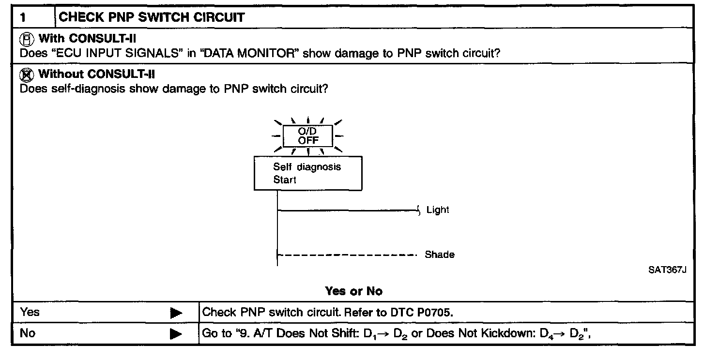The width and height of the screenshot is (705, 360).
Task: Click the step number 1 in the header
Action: pos(23,18)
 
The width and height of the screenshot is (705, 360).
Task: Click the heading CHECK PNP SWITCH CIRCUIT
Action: pos(151,18)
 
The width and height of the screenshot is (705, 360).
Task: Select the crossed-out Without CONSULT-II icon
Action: pos(29,75)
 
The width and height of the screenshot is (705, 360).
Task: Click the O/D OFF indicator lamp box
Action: pos(307,136)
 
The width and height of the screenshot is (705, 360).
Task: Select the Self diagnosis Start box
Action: pos(308,173)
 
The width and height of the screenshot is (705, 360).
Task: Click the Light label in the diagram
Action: pos(438,210)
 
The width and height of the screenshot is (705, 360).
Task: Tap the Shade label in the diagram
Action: pos(440,255)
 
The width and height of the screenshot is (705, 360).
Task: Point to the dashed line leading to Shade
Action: pos(347,255)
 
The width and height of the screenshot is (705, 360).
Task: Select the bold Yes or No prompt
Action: pos(353,291)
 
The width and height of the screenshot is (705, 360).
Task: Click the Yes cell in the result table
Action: pos(30,313)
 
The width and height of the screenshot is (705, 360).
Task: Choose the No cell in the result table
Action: pos(28,333)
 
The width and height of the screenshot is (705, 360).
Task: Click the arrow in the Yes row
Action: pos(176,313)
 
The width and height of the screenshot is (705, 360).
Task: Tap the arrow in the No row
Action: pos(176,334)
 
